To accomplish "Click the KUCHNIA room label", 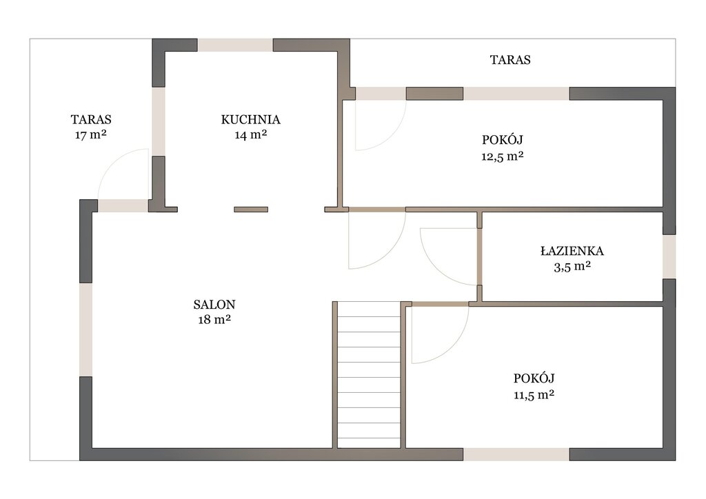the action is point(250,120).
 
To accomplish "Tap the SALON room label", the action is point(214,305).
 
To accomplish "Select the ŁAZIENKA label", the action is point(572,251).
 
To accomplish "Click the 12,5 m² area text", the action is point(503,156).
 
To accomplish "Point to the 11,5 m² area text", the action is point(534,395).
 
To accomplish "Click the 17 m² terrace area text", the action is point(91,134).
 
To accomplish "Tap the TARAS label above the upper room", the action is point(510,60).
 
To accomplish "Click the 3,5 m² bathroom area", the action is point(572,267).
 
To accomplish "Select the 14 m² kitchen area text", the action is point(251,134).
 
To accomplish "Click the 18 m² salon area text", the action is point(214,320).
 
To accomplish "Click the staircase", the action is point(369,375).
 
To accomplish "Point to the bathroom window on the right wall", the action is point(669,256).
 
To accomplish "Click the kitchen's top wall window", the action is point(235,45).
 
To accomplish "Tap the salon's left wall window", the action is point(86,330).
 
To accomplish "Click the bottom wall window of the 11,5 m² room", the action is point(516,454).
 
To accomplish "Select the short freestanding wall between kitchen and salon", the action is point(251,210).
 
